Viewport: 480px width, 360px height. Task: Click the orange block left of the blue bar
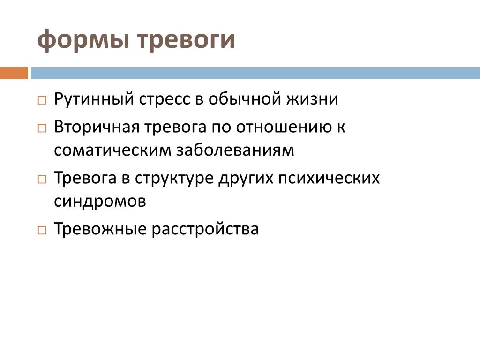[14, 73]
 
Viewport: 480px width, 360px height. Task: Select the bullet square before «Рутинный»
[42, 100]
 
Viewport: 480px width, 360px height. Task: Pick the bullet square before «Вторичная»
[42, 128]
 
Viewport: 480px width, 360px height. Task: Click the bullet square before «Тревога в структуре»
[42, 179]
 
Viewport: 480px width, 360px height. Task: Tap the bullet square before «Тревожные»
[42, 230]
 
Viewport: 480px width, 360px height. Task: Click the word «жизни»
[312, 99]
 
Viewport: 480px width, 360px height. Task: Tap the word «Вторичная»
[97, 127]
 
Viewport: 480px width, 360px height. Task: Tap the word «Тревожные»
[100, 229]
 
